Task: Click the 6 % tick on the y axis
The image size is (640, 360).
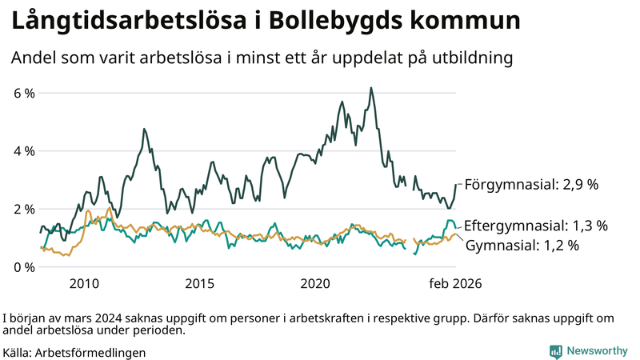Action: (x=24, y=94)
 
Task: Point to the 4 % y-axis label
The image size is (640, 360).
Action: (x=24, y=151)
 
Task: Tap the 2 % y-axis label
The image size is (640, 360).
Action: (x=24, y=209)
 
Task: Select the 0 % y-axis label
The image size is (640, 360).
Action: (x=24, y=266)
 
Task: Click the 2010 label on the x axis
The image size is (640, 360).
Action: (x=84, y=284)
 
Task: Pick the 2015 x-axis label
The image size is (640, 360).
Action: (x=200, y=284)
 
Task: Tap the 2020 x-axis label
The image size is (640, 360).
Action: (x=315, y=284)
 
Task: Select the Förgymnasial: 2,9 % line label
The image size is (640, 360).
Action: (x=531, y=185)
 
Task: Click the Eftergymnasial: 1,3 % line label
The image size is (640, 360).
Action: (x=535, y=225)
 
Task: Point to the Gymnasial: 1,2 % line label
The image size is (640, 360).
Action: (x=522, y=246)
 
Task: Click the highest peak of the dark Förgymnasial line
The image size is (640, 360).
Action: (x=370, y=88)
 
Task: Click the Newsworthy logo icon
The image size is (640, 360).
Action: (x=555, y=351)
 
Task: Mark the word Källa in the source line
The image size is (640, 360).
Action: (x=18, y=352)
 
